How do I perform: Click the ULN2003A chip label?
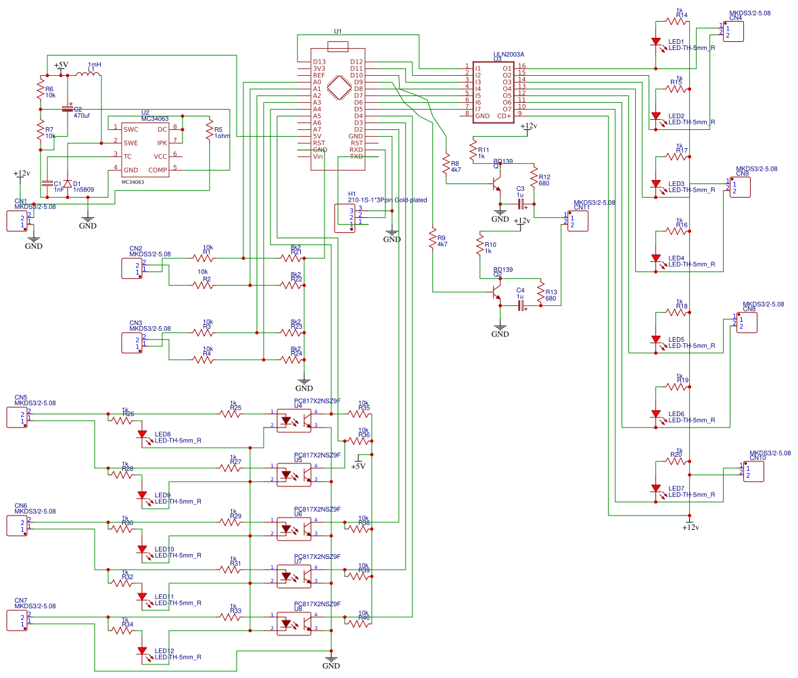(509, 54)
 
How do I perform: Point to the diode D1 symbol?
(68, 183)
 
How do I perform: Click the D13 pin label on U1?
(320, 62)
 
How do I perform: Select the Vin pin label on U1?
(318, 156)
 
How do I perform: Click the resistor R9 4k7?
(432, 240)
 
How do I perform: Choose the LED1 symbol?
(656, 42)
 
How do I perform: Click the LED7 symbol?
(656, 489)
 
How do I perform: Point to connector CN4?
(733, 32)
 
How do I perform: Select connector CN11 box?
(577, 221)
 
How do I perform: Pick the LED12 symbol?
(142, 651)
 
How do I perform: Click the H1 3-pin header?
(346, 217)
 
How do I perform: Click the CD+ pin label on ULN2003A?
(504, 116)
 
